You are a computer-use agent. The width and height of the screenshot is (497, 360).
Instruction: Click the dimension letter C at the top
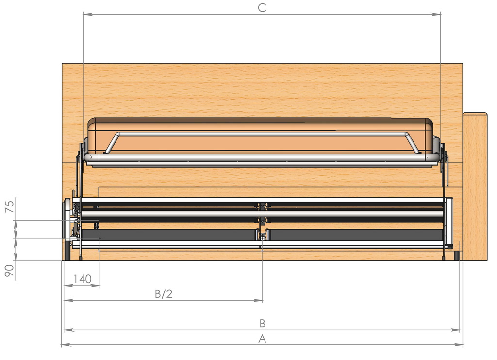click(262, 8)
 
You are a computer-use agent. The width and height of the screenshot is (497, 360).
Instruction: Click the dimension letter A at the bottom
click(262, 339)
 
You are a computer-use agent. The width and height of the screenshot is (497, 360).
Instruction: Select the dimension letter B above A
click(262, 324)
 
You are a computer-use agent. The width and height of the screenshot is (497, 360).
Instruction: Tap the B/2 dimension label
click(164, 294)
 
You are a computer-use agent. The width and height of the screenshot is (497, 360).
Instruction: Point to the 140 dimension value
click(83, 279)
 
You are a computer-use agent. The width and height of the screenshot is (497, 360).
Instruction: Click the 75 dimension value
click(10, 206)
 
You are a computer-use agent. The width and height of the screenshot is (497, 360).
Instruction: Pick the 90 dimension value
click(10, 270)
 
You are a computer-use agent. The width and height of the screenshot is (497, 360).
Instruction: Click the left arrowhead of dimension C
click(87, 14)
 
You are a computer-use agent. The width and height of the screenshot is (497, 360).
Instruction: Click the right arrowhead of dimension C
click(436, 14)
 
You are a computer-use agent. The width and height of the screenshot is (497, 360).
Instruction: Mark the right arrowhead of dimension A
click(459, 345)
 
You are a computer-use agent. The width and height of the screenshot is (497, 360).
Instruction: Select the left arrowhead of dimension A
click(66, 345)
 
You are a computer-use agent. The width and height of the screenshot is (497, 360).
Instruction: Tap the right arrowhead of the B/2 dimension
click(258, 300)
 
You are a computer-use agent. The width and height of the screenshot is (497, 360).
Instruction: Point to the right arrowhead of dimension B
click(455, 330)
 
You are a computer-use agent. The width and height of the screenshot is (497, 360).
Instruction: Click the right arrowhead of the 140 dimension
click(96, 286)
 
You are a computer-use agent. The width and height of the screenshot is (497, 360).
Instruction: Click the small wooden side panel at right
click(475, 187)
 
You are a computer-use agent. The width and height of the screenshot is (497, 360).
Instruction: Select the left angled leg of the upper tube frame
click(111, 143)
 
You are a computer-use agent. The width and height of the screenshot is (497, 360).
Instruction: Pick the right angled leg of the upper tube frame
click(413, 143)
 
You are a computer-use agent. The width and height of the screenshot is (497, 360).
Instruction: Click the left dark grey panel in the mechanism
click(168, 235)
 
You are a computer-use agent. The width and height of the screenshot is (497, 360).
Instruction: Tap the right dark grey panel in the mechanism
click(356, 235)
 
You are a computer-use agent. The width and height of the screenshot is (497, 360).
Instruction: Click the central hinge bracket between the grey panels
click(263, 235)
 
